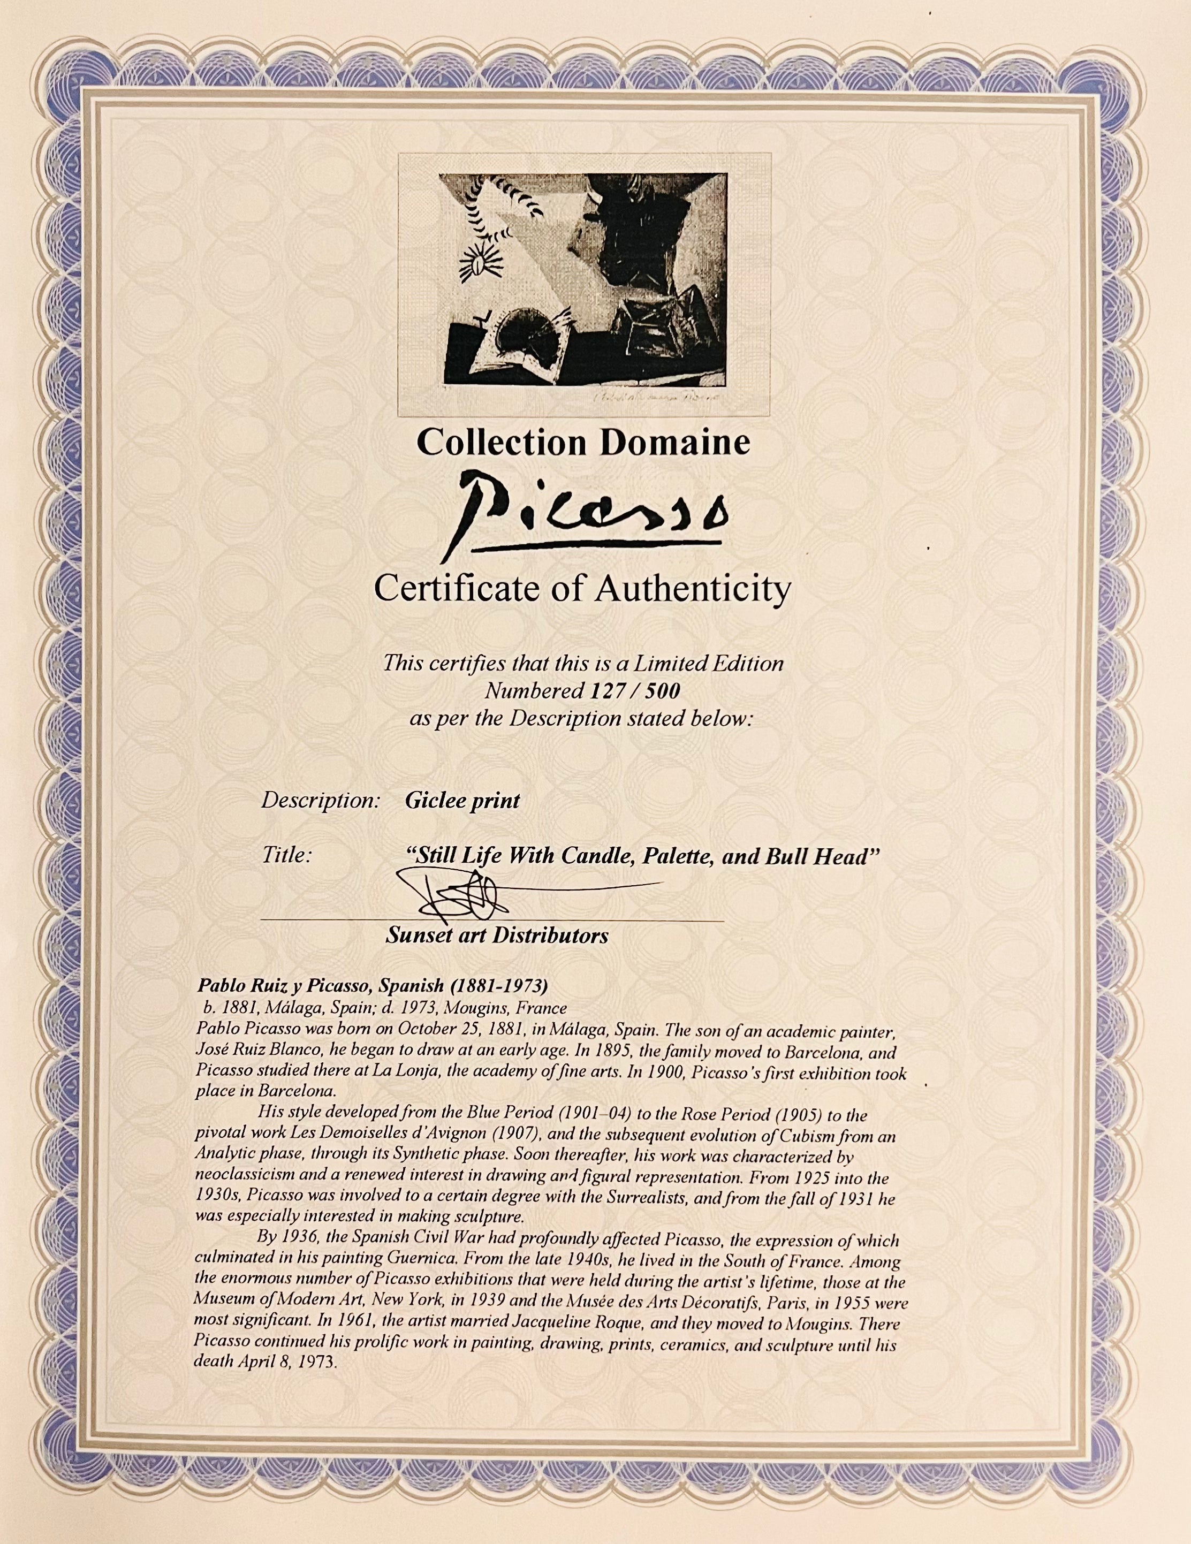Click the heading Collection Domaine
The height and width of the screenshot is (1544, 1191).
coord(583,443)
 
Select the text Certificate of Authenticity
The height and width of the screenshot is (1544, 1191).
coord(581,588)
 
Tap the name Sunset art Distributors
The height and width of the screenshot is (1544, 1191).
coord(497,935)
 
